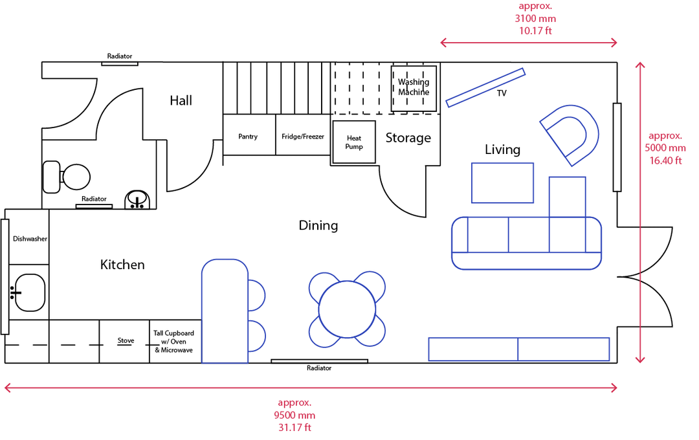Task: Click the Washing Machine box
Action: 414,87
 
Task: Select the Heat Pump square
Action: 354,142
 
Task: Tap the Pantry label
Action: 248,137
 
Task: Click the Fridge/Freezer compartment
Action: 303,137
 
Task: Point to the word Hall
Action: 181,100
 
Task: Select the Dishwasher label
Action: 30,239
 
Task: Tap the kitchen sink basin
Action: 29,292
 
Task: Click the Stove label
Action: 126,340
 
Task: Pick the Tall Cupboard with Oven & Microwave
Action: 173,342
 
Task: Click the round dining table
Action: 348,309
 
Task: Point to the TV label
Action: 502,93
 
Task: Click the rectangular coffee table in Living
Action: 502,183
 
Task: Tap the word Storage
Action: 408,138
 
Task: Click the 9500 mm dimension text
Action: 294,415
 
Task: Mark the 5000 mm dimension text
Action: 666,148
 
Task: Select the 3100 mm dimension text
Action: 535,19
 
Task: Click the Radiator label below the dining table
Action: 319,368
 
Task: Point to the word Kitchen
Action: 122,265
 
